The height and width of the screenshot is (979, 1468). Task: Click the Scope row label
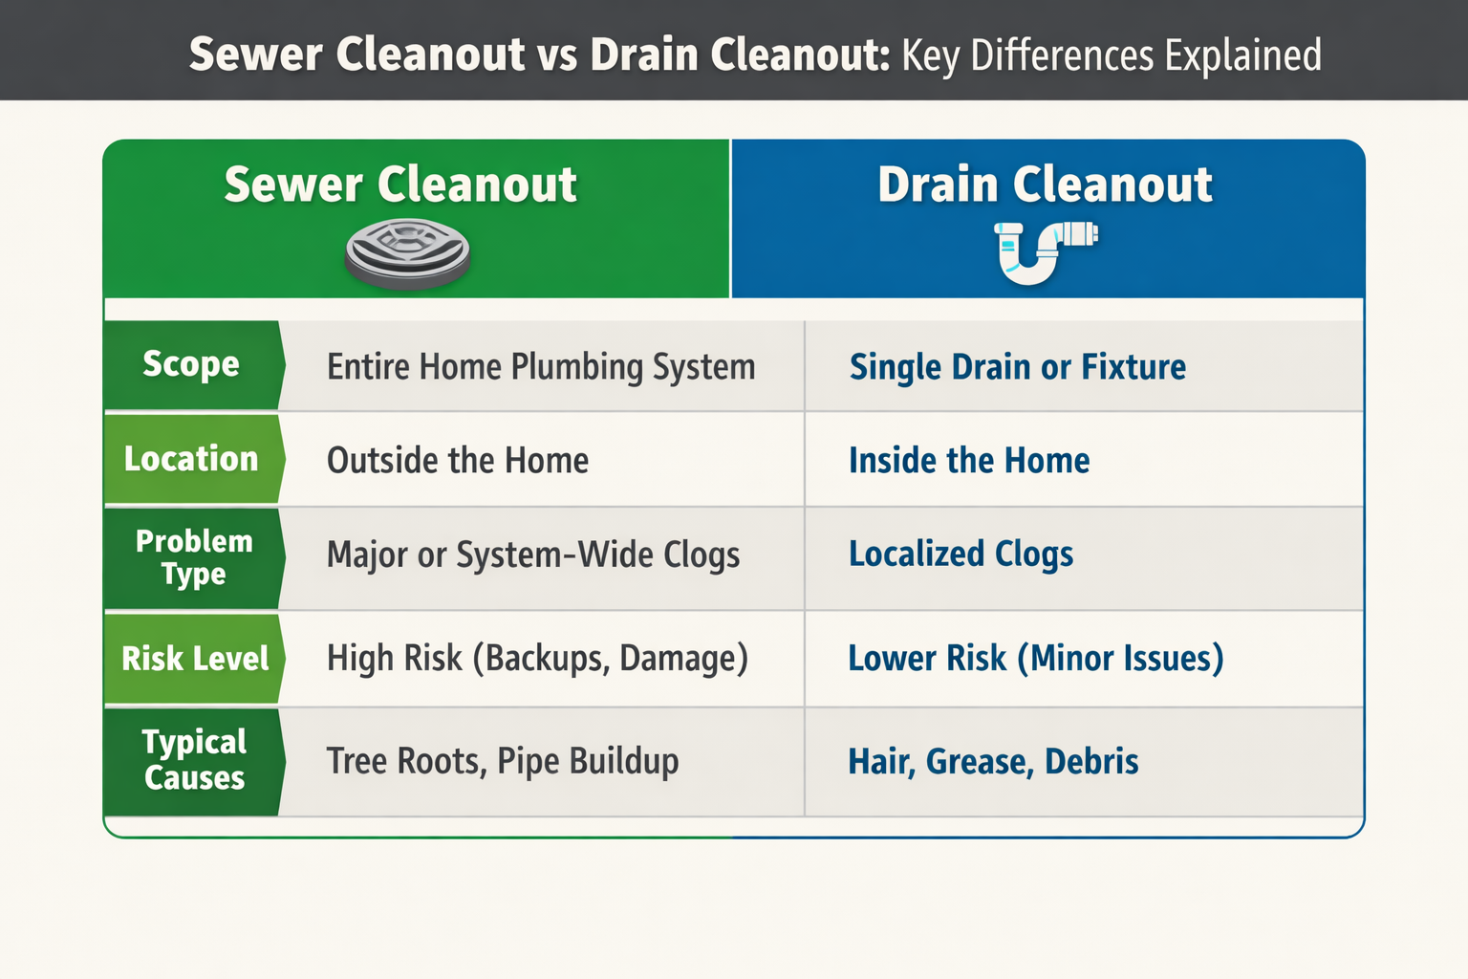191,364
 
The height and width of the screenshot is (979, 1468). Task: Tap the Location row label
191,458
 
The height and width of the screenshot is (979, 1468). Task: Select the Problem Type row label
194,558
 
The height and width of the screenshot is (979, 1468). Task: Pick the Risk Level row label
195,659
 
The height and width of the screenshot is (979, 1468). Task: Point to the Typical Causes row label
194,760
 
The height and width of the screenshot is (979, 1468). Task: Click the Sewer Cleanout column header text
400,185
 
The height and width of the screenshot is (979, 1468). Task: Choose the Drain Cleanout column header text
1046,185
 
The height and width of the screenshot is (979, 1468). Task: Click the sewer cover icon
407,254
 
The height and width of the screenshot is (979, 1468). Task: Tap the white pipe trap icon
1046,252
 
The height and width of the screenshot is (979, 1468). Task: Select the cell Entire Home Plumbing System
541,366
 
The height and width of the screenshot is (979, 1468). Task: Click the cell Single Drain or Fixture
1018,366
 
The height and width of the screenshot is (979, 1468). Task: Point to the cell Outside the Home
458,460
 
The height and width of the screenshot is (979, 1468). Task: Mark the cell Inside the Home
969,460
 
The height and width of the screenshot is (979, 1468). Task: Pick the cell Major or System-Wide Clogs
533,555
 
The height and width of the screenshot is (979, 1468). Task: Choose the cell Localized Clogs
961,555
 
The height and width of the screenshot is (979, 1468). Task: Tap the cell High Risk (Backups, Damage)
537,659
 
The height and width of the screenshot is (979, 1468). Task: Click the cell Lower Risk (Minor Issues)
1036,659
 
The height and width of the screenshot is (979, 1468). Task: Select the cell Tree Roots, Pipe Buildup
503,761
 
